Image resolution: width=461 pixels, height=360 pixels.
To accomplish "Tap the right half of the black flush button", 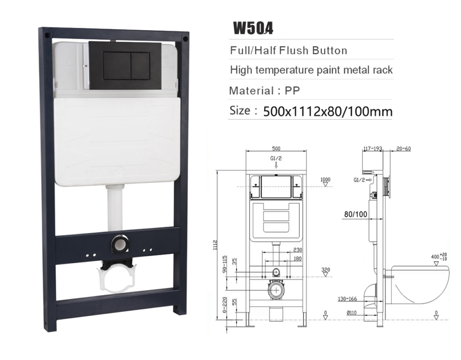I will coord(140,65).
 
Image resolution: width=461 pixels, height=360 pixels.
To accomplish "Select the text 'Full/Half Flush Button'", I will coord(289,50).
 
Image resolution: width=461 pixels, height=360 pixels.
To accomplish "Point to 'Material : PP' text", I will coord(265,90).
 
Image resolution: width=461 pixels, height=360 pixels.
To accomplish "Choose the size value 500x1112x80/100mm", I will coord(327,111).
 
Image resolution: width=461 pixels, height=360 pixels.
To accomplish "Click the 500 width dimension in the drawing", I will coord(276,149).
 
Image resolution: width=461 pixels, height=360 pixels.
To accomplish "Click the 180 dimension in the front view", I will coord(297,259).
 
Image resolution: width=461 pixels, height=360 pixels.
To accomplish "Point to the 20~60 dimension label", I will coord(403,149).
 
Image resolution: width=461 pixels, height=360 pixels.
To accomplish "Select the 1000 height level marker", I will coord(325,180).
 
